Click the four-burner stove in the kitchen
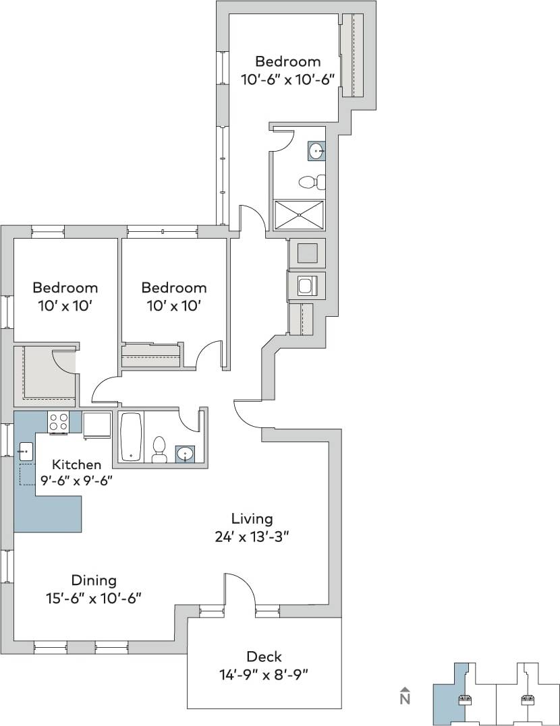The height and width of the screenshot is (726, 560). point(58,422)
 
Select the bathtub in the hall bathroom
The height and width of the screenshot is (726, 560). point(131,437)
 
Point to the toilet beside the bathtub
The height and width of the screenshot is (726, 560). point(160,449)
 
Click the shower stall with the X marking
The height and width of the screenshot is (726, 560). point(298,216)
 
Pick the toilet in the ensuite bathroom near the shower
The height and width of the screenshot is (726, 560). point(310,182)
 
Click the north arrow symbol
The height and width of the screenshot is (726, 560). point(405,696)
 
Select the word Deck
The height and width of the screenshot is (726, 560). point(264,657)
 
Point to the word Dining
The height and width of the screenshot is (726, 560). point(94,580)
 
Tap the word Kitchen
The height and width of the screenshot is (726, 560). point(77,464)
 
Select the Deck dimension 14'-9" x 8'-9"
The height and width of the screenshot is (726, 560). point(264,673)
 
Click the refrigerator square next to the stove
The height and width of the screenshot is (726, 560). point(97,424)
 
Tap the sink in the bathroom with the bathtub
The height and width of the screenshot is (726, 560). point(184,453)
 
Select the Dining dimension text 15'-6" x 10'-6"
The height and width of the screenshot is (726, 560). point(94,598)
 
